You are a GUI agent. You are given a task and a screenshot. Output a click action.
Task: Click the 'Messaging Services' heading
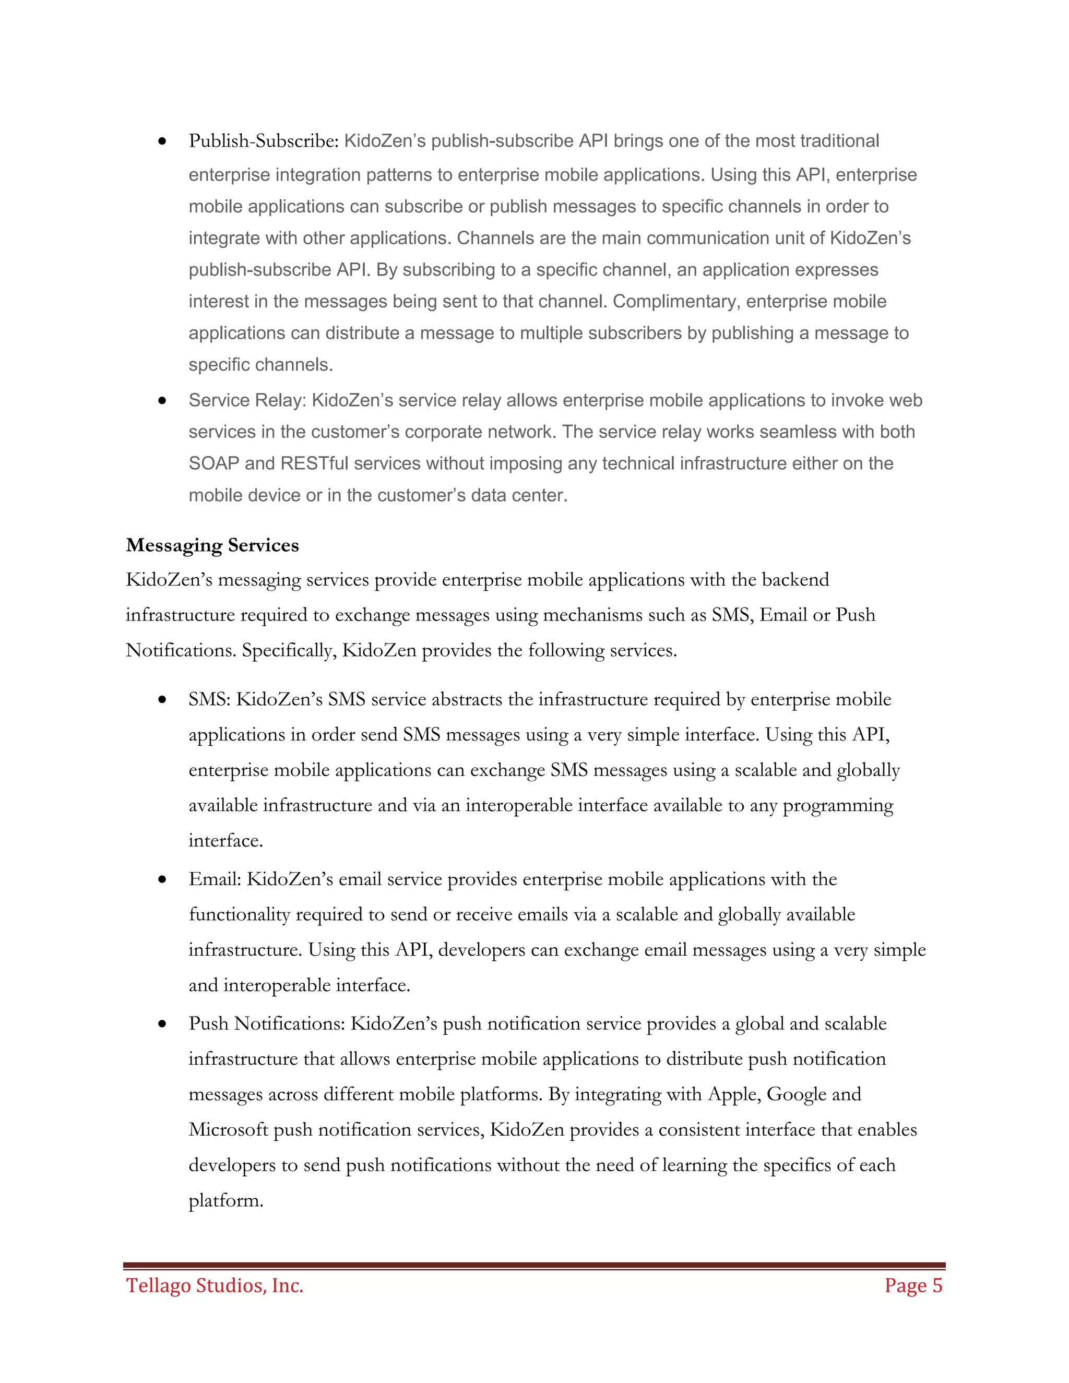click(212, 545)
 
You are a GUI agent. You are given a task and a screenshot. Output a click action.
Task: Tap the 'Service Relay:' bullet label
click(247, 400)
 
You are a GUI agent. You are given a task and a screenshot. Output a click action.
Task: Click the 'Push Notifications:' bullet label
click(267, 1024)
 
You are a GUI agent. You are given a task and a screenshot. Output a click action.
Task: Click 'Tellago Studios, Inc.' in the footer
click(215, 1286)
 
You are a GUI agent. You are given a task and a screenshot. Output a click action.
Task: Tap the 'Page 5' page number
click(913, 1286)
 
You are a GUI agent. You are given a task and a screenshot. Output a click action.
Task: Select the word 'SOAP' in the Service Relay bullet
click(213, 463)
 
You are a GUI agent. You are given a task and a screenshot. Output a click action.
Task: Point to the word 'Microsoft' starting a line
click(228, 1130)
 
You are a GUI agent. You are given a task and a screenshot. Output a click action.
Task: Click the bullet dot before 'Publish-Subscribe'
click(163, 141)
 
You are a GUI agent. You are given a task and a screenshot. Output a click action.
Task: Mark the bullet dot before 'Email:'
click(163, 879)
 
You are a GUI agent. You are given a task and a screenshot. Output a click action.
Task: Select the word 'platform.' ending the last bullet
click(225, 1201)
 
